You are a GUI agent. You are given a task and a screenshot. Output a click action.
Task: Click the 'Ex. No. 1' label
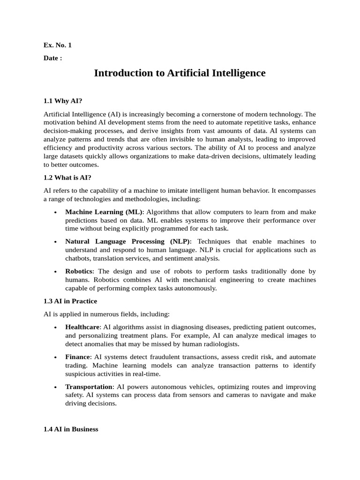(x=58, y=45)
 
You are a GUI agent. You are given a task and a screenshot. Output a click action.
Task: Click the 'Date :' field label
(x=52, y=58)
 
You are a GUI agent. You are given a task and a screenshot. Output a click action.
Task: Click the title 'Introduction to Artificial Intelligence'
(x=180, y=73)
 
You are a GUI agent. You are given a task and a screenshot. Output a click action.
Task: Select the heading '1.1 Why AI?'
(x=63, y=101)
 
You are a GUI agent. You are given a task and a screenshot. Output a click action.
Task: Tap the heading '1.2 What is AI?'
(x=67, y=177)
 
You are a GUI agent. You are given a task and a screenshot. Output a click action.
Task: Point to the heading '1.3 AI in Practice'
(x=70, y=301)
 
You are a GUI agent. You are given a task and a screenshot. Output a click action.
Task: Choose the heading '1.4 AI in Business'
(x=71, y=429)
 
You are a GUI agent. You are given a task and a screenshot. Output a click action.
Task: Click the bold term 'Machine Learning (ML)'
(x=104, y=212)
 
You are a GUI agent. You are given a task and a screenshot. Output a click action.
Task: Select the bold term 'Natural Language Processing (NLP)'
(x=128, y=241)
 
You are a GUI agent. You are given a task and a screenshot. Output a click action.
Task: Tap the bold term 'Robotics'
(x=79, y=271)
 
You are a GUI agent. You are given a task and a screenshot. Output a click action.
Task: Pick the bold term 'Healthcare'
(x=82, y=327)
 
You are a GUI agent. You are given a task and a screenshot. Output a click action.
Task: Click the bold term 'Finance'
(x=77, y=357)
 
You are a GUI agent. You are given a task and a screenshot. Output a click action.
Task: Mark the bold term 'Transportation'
(x=89, y=387)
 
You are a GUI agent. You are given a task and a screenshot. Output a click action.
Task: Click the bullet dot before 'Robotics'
(x=55, y=272)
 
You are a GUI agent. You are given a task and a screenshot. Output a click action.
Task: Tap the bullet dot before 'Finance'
(x=55, y=357)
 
